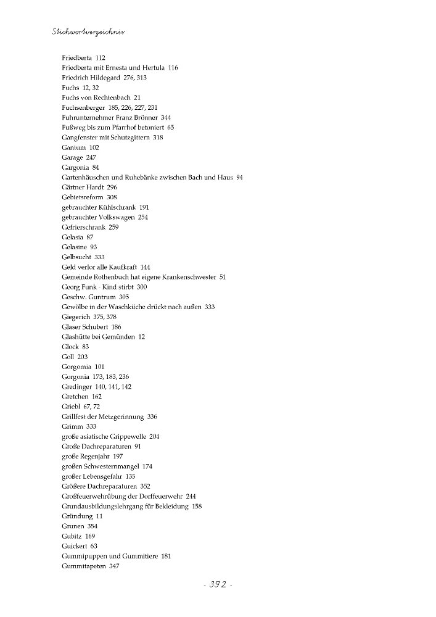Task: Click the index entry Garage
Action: (72, 158)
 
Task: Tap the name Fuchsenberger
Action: (85, 108)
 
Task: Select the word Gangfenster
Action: (81, 138)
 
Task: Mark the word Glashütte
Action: (78, 337)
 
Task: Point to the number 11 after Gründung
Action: (100, 516)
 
